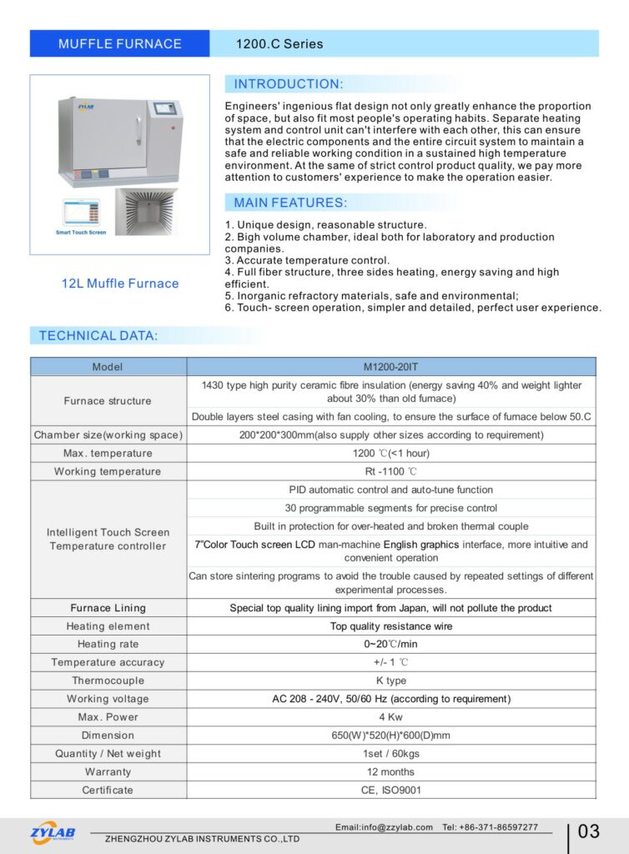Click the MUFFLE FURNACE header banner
pos(119,43)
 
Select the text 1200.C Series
pos(279,43)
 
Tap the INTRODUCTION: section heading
pos(288,84)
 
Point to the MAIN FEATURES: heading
pos(290,203)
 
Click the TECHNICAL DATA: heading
pos(98,336)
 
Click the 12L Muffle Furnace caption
pos(120,284)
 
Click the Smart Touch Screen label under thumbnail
pos(81,233)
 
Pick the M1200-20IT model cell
pos(390,367)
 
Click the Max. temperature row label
pos(108,454)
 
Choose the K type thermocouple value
pos(390,681)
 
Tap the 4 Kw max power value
pos(390,717)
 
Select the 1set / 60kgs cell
pos(390,754)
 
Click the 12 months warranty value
pos(390,772)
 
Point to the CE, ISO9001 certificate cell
pos(390,790)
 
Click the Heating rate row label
pos(108,645)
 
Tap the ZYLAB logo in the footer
pos(53,832)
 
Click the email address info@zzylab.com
pos(384,827)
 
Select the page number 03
pos(588,831)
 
